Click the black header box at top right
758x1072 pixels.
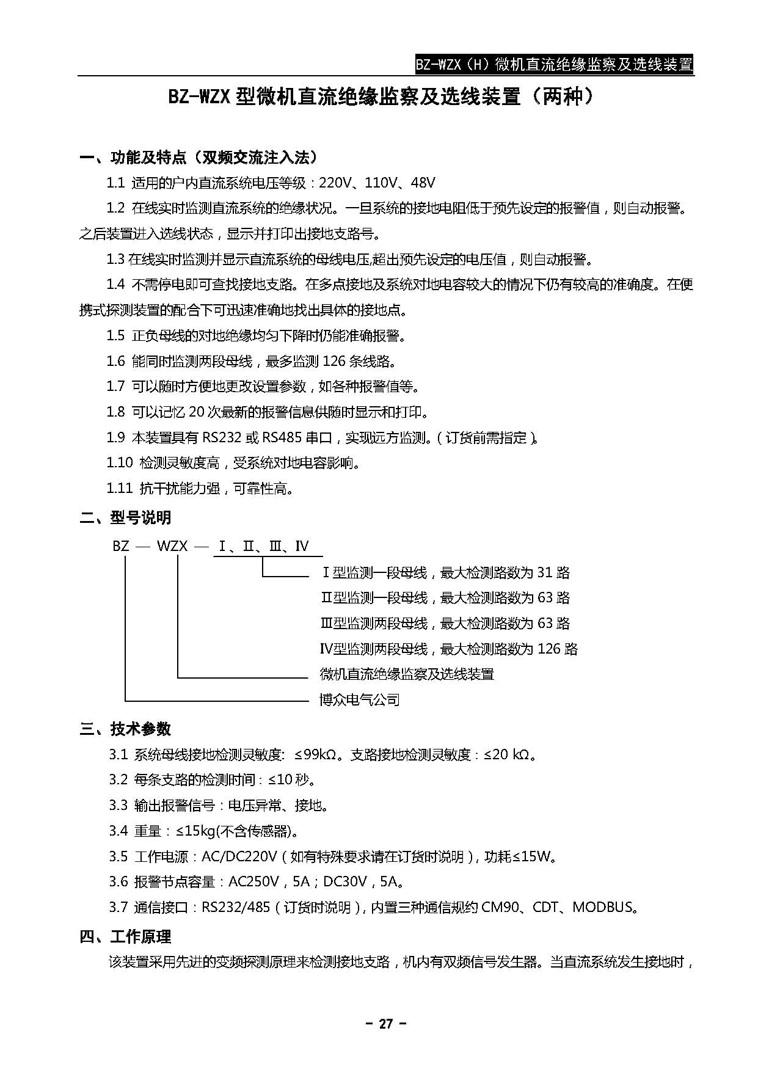pyautogui.click(x=553, y=64)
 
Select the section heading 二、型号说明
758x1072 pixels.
pyautogui.click(x=125, y=518)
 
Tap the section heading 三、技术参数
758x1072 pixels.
pyautogui.click(x=125, y=729)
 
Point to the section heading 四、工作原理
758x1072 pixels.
pyautogui.click(x=125, y=936)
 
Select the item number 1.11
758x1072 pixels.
pyautogui.click(x=119, y=489)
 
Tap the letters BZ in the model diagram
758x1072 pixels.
pyautogui.click(x=121, y=545)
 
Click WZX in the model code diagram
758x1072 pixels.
pyautogui.click(x=172, y=545)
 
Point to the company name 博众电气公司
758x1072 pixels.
pyautogui.click(x=360, y=700)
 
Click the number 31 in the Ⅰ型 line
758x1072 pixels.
pyautogui.click(x=544, y=573)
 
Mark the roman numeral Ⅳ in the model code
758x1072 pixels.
pyautogui.click(x=302, y=545)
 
